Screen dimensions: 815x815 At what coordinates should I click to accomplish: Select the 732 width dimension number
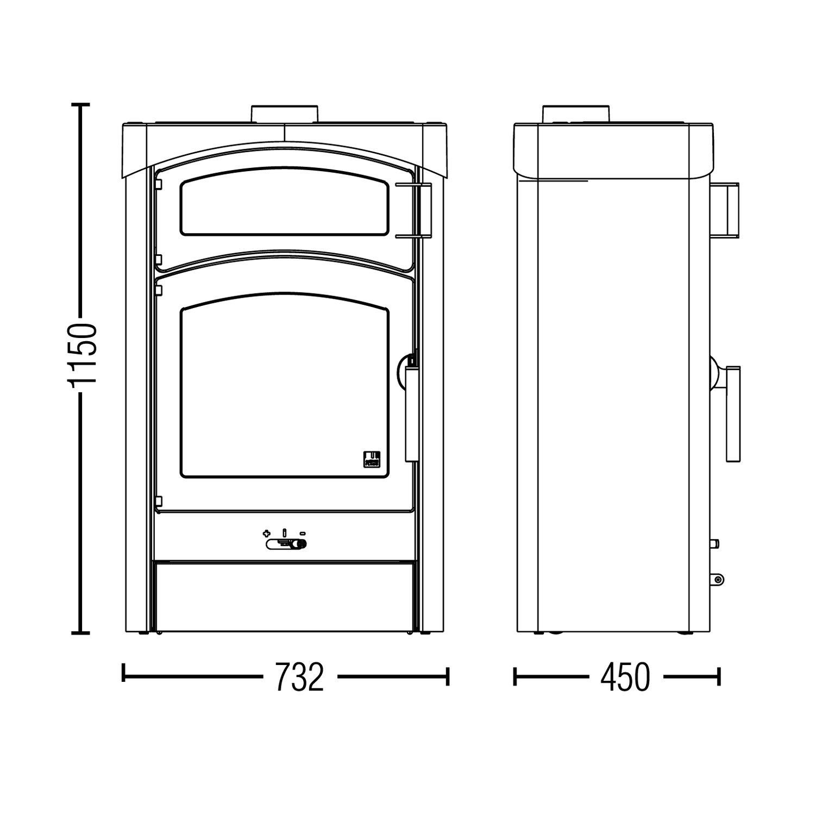[299, 677]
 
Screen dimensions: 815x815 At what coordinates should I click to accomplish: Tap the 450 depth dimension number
[625, 677]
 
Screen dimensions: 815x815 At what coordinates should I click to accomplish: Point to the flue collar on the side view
[577, 114]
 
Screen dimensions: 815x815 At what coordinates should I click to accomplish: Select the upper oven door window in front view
[285, 207]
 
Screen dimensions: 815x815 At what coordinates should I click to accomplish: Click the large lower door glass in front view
[285, 392]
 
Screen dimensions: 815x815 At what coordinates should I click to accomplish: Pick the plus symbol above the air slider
[266, 532]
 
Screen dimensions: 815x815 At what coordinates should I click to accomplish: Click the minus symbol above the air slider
[303, 532]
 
